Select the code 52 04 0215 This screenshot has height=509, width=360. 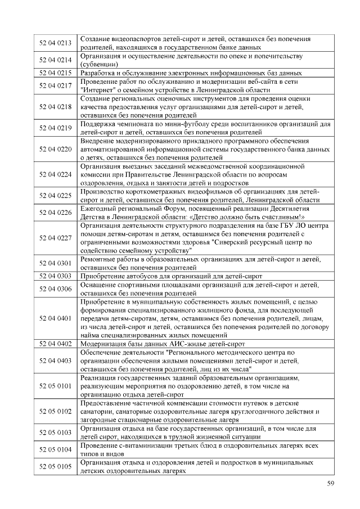55,73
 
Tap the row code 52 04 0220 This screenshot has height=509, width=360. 55,149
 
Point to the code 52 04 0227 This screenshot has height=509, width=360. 55,238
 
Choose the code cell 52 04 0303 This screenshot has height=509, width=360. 55,276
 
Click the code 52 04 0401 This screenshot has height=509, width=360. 55,318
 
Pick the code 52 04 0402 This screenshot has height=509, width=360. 55,343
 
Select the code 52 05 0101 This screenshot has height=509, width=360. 55,386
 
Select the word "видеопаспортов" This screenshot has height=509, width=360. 137,39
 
